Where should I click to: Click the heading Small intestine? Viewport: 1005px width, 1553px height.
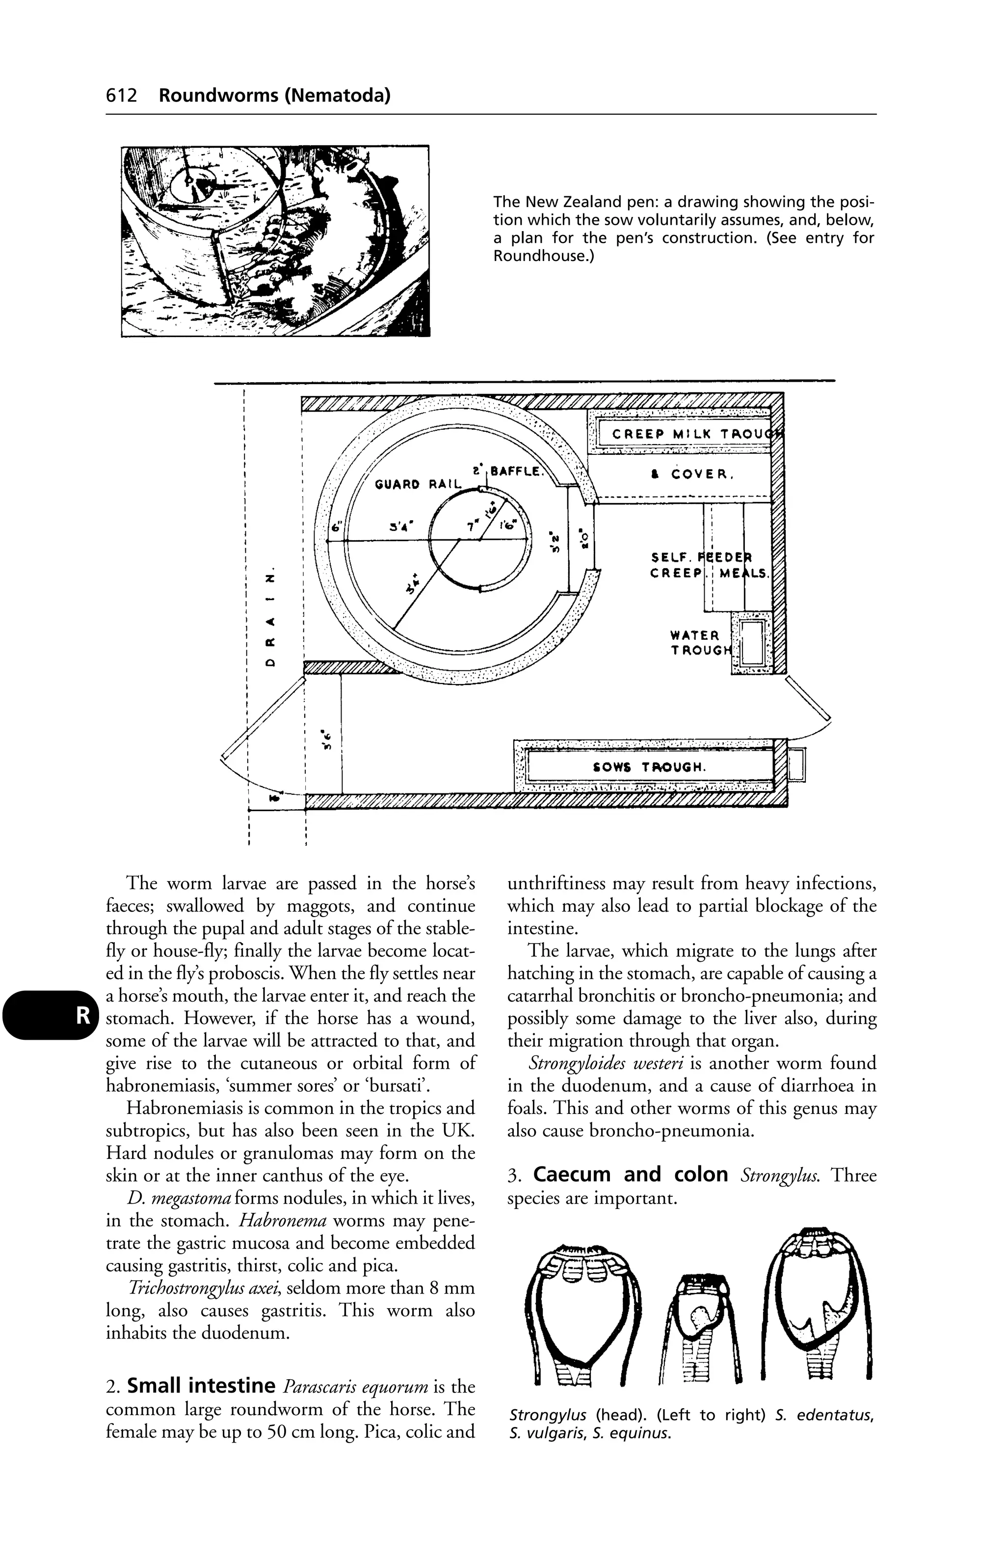tap(200, 1385)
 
